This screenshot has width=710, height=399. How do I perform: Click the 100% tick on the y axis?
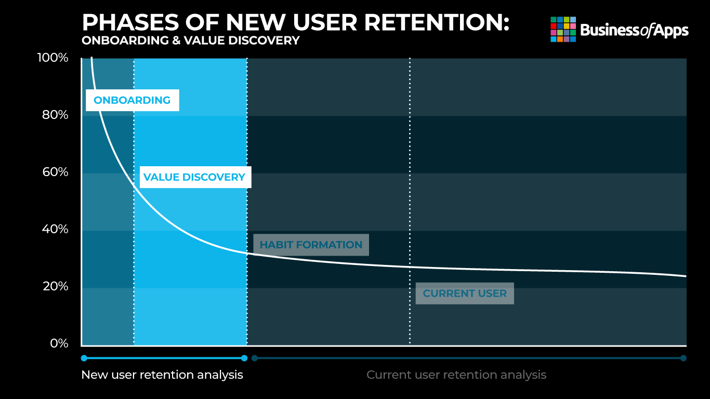52,58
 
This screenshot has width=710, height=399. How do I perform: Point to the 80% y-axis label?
55,115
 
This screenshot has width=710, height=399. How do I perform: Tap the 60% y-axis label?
55,172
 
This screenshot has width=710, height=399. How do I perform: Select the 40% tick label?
55,229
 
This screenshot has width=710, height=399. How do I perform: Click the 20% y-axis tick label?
55,286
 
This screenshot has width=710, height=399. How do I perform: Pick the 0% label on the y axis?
59,343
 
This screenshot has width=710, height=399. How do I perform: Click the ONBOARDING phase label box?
133,100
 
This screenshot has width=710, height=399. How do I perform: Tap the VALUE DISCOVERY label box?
195,177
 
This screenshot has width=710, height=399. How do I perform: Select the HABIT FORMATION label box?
311,245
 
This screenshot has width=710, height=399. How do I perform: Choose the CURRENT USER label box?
465,294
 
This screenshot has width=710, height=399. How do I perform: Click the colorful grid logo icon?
563,30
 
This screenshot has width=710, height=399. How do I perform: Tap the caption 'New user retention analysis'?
162,375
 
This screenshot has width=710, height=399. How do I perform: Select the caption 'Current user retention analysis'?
456,375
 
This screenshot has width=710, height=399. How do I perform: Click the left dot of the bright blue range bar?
84,358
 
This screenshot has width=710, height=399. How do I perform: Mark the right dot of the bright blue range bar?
244,358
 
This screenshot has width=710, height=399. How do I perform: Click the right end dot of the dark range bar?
683,358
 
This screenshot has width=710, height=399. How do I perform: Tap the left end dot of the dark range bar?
255,358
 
